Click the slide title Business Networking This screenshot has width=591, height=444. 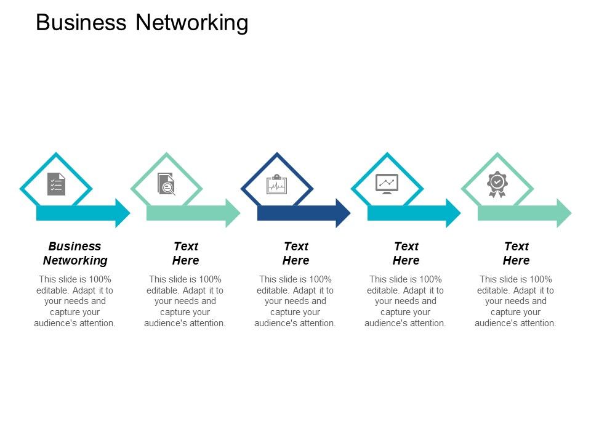pyautogui.click(x=142, y=23)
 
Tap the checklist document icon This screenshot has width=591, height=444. pyautogui.click(x=56, y=184)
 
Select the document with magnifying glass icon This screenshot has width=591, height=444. pyautogui.click(x=166, y=184)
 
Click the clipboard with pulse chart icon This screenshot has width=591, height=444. pyautogui.click(x=276, y=184)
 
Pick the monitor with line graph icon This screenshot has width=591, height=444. pyautogui.click(x=387, y=184)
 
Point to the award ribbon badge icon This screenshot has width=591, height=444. pyautogui.click(x=497, y=184)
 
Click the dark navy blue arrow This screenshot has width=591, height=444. pyautogui.click(x=295, y=213)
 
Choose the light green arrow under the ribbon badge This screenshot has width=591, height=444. pyautogui.click(x=518, y=213)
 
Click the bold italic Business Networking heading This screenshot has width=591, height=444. pyautogui.click(x=75, y=253)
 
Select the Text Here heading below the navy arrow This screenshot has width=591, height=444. pyautogui.click(x=295, y=253)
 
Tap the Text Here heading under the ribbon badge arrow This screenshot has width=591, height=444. pyautogui.click(x=516, y=253)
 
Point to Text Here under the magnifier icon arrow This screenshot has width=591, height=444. pyautogui.click(x=185, y=253)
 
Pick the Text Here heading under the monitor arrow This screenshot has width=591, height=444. pyautogui.click(x=406, y=253)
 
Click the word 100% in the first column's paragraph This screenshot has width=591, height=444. pyautogui.click(x=100, y=279)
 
